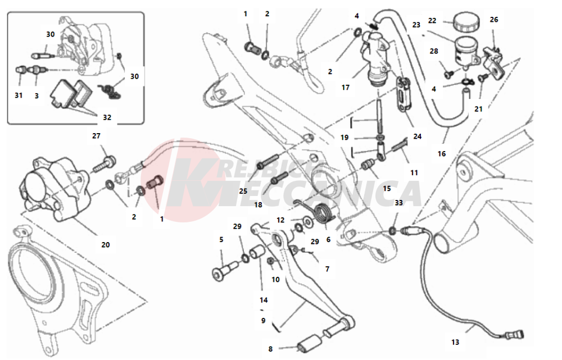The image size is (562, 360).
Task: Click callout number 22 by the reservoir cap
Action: [x=432, y=20]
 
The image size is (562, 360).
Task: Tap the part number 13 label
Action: [x=455, y=341]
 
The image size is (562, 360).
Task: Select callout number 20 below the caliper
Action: [x=106, y=244]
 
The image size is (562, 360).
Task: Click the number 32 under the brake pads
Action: [x=107, y=117]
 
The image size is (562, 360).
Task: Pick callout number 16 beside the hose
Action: [x=442, y=153]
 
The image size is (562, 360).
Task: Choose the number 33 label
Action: [x=398, y=203]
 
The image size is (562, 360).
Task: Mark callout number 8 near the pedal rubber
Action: [x=270, y=349]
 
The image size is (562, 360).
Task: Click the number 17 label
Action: [x=346, y=88]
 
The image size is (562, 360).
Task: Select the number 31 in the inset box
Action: [x=19, y=95]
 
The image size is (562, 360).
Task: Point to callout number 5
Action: [x=221, y=239]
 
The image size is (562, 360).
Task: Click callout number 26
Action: [x=494, y=20]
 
